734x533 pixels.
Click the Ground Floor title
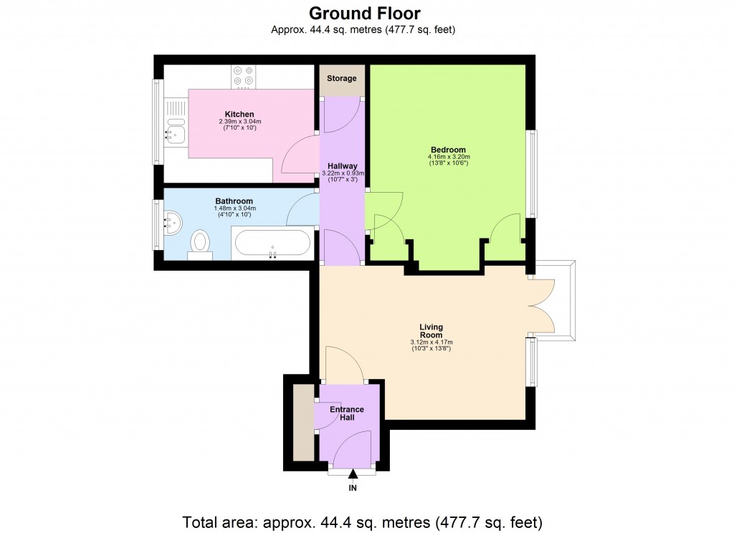[x=364, y=13]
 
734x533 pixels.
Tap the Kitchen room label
[x=239, y=114]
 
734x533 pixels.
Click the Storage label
[x=341, y=78]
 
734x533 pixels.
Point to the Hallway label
[x=341, y=165]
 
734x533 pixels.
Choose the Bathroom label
[x=234, y=201]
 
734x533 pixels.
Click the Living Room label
[x=431, y=331]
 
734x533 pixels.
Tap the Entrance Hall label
[x=347, y=413]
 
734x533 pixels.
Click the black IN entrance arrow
[x=352, y=474]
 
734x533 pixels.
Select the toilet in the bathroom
[x=199, y=242]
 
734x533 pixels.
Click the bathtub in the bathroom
[x=272, y=244]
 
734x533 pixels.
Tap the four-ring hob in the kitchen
[x=243, y=75]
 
